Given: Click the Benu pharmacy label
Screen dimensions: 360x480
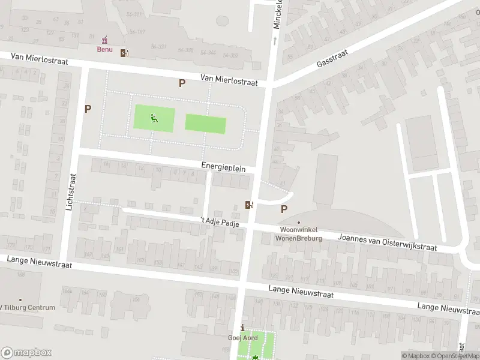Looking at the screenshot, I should coord(106,49).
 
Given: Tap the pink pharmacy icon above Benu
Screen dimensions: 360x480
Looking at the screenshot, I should coord(106,40).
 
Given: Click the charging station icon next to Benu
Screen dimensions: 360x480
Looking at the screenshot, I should coord(124,53).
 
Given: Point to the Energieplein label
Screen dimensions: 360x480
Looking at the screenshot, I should coord(223,169).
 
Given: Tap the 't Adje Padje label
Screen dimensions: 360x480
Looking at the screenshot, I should coord(220,223).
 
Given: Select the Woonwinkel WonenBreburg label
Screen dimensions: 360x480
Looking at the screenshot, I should coord(299,234).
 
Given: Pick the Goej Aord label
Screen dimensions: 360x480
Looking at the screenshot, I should coord(242,338).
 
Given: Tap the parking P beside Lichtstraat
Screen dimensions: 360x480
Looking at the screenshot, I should coord(88,109).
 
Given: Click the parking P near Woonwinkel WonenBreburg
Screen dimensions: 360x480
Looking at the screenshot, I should coord(284,209).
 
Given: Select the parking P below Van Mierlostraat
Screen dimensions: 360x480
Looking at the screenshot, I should coord(181,83).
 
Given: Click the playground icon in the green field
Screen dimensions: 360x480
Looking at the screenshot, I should coord(154,118).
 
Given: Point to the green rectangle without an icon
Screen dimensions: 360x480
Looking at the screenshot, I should coord(205,124).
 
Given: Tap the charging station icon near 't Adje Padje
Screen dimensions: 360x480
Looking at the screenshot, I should coord(249,205).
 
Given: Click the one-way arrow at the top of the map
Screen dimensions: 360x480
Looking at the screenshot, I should coord(275,41).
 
